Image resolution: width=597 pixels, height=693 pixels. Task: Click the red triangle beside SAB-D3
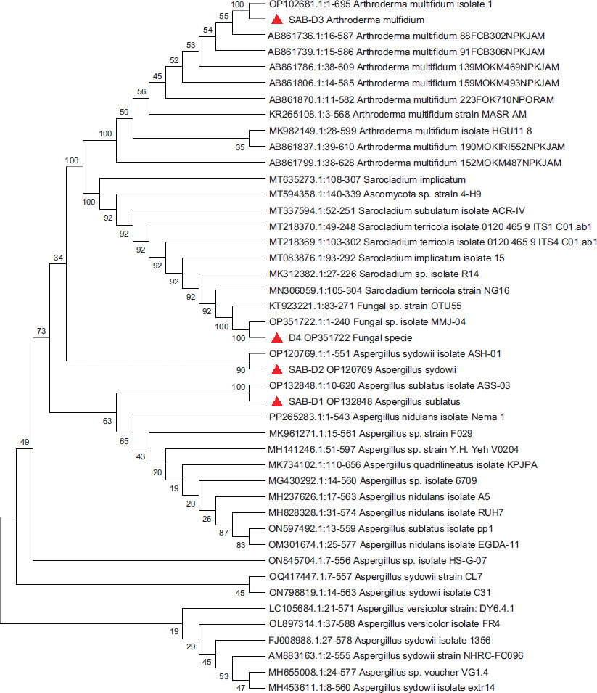pyautogui.click(x=276, y=20)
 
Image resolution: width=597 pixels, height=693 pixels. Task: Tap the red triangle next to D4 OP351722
pyautogui.click(x=276, y=337)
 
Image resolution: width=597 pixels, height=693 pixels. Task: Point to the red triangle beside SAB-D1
pyautogui.click(x=276, y=401)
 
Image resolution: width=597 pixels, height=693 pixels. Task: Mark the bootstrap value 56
pyautogui.click(x=141, y=91)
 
